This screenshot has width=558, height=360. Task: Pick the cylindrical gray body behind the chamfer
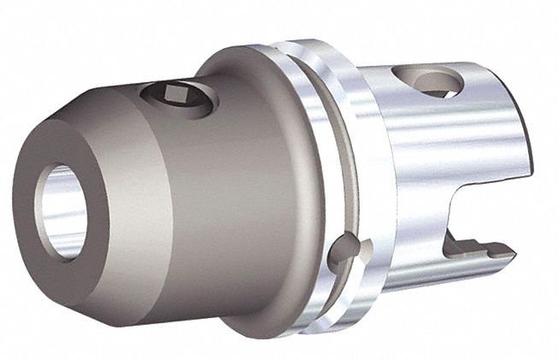click(171, 197)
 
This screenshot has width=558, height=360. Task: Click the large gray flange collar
click(256, 171)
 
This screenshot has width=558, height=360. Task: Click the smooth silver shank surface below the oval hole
click(427, 154)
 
